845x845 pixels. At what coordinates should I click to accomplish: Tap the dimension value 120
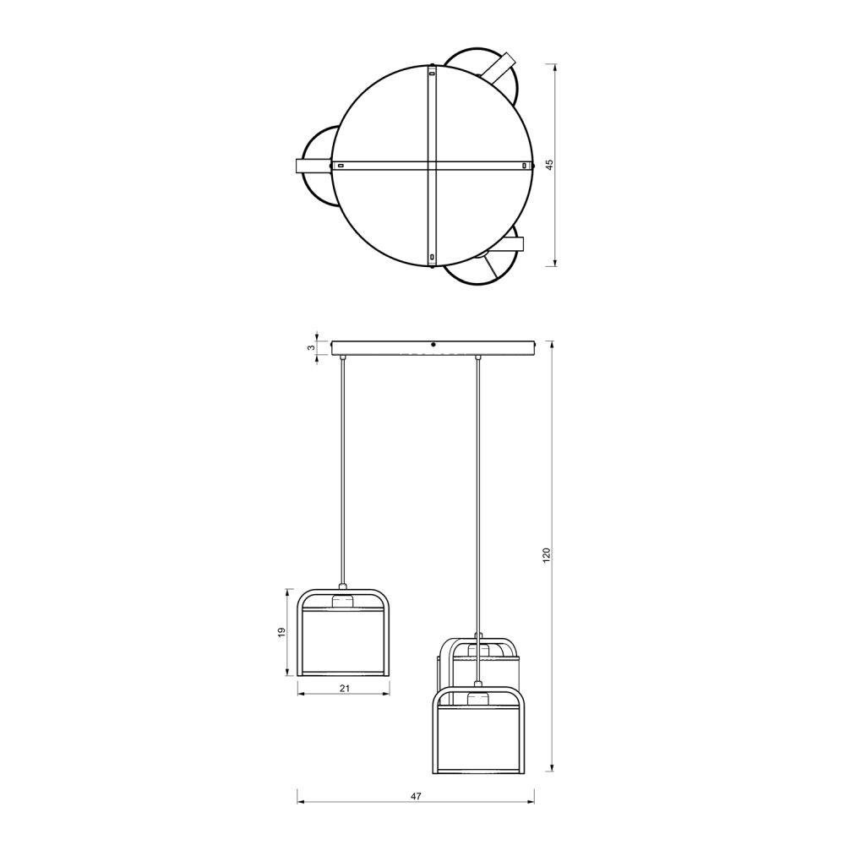547,555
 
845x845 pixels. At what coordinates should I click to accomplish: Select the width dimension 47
416,796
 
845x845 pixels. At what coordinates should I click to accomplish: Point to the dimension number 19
281,632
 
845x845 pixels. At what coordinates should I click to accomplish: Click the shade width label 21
345,688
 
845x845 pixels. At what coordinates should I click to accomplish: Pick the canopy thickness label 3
311,348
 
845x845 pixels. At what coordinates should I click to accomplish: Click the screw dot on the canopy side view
433,344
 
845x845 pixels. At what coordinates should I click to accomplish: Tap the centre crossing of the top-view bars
432,166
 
